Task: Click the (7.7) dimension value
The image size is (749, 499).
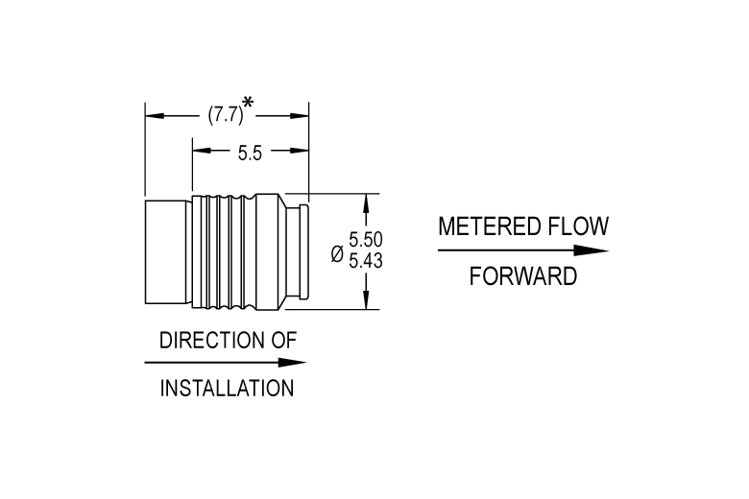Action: [x=226, y=115]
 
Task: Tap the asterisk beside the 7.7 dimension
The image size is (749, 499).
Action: [x=248, y=103]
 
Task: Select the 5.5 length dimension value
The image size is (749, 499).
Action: [x=250, y=154]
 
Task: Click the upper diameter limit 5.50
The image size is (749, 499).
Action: [x=366, y=239]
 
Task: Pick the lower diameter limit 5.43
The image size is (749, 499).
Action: [x=366, y=261]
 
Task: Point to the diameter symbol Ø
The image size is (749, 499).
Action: [x=337, y=254]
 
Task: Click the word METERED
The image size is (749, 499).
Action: [x=489, y=226]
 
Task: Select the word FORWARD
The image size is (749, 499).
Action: [x=523, y=276]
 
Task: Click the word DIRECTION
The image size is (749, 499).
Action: [x=211, y=341]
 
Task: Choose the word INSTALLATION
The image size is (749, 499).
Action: [x=227, y=389]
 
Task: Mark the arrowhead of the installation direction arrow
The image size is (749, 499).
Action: [x=292, y=363]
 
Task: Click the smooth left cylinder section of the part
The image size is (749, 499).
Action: [x=165, y=252]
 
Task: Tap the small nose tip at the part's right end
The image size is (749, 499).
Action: [x=303, y=251]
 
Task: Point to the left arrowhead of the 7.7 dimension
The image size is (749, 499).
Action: [x=155, y=116]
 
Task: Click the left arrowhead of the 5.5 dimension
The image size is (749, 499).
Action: [x=202, y=151]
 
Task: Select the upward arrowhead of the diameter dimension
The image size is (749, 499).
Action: [x=366, y=203]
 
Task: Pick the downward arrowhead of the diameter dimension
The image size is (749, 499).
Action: [x=366, y=299]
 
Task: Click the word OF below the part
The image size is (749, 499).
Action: [x=284, y=341]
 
